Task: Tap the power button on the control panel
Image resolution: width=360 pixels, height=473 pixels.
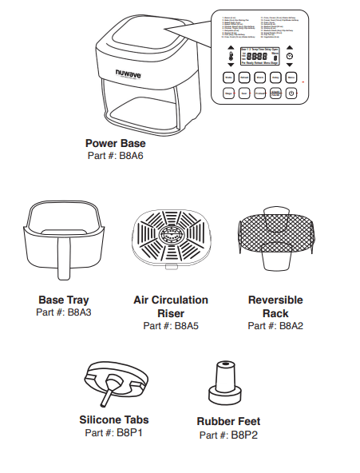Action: [x=291, y=92]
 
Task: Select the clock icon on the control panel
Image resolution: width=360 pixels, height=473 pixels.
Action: [x=290, y=58]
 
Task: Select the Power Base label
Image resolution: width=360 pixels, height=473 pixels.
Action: [x=114, y=143]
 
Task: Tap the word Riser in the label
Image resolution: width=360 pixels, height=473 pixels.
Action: [x=171, y=313]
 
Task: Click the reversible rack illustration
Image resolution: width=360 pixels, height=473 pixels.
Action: [x=275, y=236]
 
